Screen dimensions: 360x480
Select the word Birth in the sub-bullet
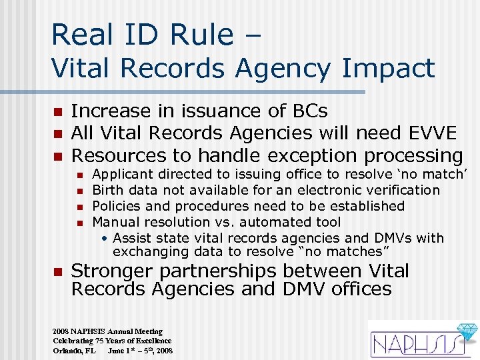[107, 191]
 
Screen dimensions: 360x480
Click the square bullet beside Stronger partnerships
[57, 272]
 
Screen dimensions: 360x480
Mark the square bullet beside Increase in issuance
[57, 111]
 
